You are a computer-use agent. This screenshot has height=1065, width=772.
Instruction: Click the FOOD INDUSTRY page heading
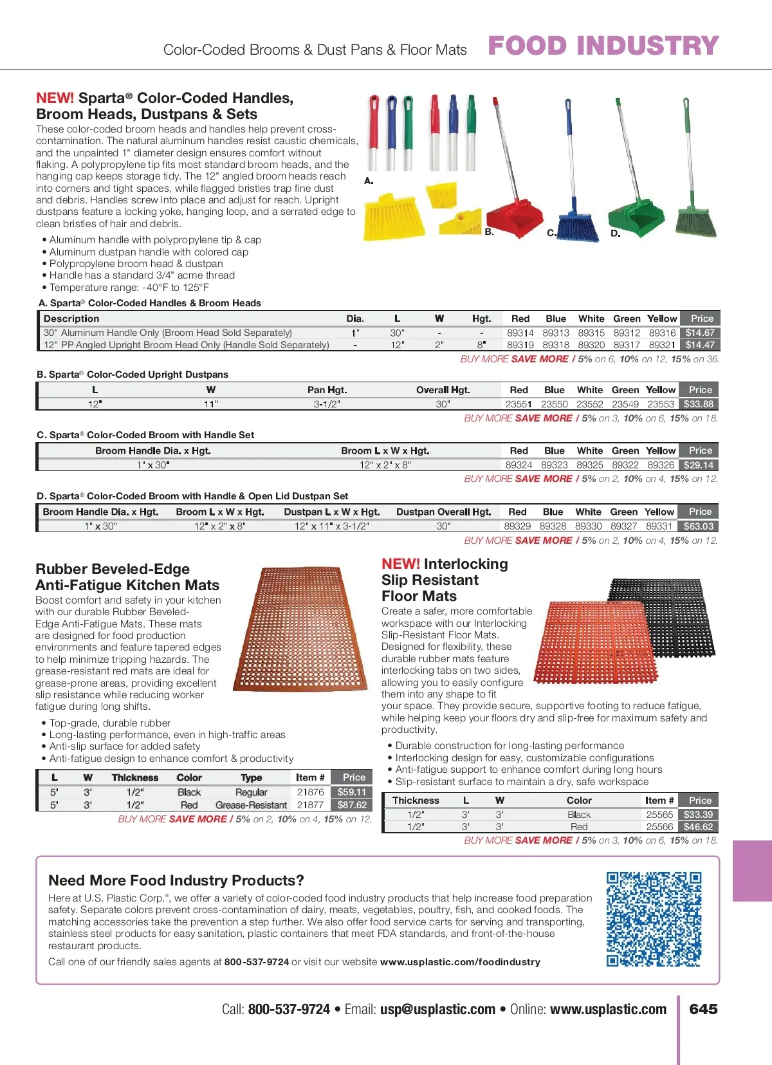click(603, 46)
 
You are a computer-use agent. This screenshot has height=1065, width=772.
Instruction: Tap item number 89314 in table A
click(520, 333)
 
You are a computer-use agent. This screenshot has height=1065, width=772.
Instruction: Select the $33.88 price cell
click(699, 404)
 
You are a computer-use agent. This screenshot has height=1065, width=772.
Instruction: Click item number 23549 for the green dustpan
click(625, 404)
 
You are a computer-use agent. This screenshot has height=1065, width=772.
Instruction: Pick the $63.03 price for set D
click(699, 526)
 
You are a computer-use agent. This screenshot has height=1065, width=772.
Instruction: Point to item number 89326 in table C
click(661, 465)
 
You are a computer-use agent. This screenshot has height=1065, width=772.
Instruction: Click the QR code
click(653, 918)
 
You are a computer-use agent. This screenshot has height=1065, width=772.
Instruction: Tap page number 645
click(703, 1009)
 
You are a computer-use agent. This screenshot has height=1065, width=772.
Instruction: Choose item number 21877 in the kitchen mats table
click(310, 805)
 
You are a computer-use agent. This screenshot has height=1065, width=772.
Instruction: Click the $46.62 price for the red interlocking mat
click(698, 827)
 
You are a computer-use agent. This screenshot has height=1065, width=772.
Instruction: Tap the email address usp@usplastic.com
click(437, 1009)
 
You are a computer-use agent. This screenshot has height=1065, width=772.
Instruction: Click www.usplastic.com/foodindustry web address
click(460, 962)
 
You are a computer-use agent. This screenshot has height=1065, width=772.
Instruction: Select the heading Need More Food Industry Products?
click(176, 880)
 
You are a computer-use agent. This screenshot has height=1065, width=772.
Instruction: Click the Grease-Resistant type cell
click(251, 805)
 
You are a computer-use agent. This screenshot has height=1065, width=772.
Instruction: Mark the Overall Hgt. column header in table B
click(443, 390)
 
